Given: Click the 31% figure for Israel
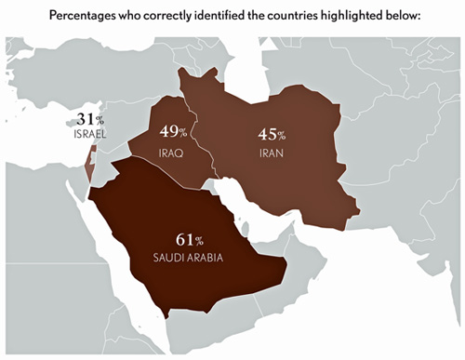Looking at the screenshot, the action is (89, 120).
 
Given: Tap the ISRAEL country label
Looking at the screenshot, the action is (89, 134).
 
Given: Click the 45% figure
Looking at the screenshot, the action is (272, 133).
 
